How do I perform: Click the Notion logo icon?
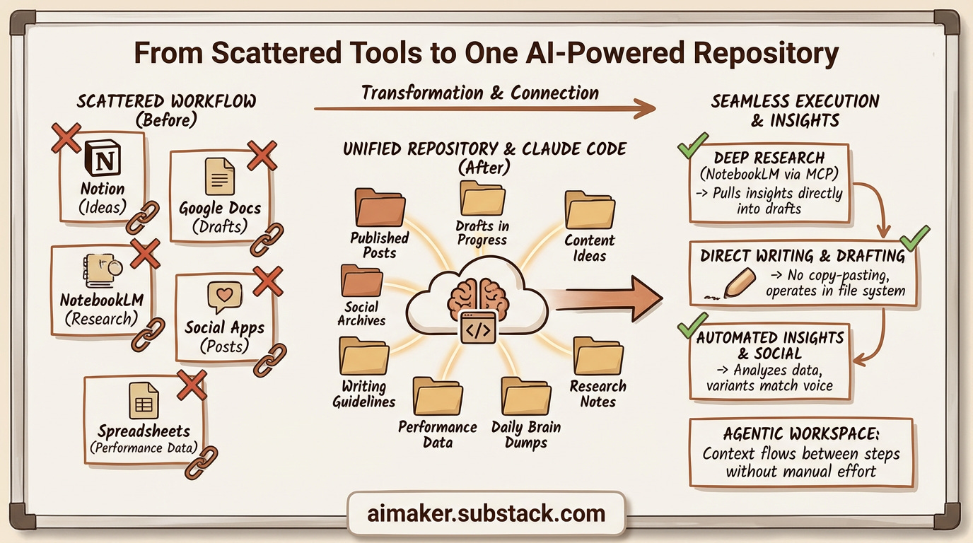103,158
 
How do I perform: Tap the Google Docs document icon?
220,176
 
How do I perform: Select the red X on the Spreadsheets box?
192,385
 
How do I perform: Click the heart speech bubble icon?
225,297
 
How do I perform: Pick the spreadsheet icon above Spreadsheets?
144,400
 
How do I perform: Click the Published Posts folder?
380,207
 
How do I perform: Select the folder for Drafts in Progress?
482,198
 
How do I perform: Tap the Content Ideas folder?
590,210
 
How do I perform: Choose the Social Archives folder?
362,281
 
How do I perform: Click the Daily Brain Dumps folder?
526,396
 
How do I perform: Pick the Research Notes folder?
598,356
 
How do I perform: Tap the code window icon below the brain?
478,328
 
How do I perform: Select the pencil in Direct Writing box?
737,284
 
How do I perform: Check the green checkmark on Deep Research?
693,146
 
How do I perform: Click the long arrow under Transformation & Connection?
484,108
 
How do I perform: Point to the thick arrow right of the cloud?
608,300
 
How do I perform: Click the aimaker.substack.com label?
486,514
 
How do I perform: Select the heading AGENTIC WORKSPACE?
801,434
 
